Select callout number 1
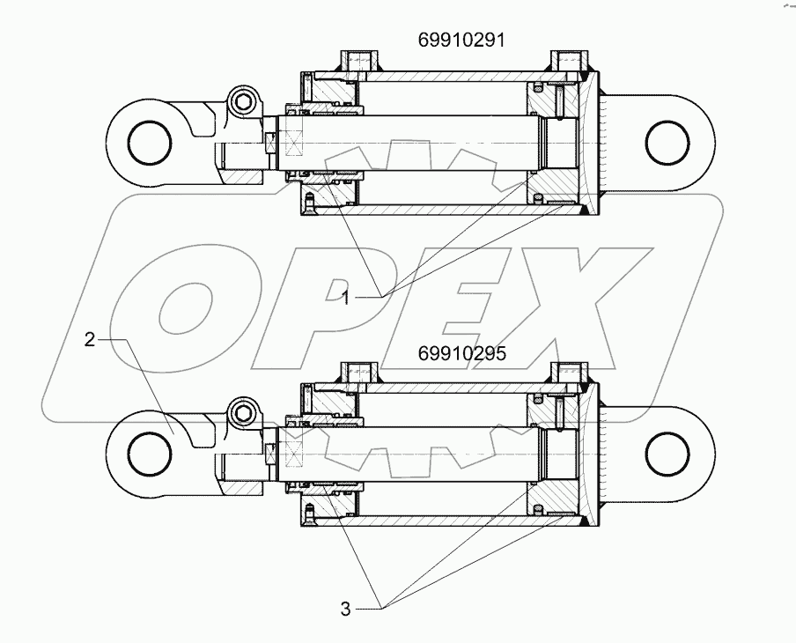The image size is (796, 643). tap(347, 299)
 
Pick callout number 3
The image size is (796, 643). tap(347, 607)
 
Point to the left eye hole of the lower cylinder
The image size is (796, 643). tap(146, 454)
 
